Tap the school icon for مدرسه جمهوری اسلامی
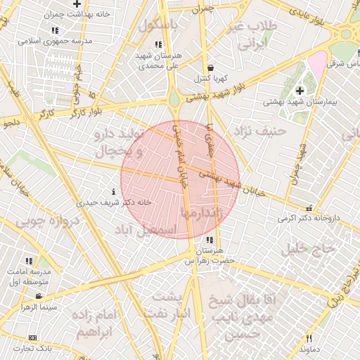56,31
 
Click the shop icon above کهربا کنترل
210,67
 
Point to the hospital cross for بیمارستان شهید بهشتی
300,90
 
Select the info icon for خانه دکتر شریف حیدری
113,191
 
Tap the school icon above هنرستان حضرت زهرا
210,240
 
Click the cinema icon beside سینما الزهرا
39,296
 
